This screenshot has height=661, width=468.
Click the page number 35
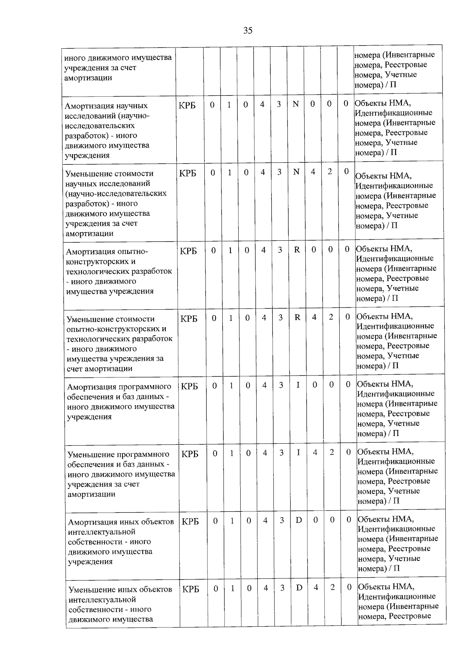tap(248, 30)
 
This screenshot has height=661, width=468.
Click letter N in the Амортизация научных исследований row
tap(296, 104)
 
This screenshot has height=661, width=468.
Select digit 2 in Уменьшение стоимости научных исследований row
tap(330, 171)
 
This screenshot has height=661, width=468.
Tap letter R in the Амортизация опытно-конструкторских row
tap(297, 250)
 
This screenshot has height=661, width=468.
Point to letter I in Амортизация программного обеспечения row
tap(298, 385)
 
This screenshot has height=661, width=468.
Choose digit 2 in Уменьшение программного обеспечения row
tap(331, 452)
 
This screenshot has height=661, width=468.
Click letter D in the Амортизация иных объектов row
tap(299, 520)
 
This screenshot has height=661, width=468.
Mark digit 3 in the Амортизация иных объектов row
tap(282, 520)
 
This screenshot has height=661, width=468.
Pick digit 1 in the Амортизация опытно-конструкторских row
tap(230, 250)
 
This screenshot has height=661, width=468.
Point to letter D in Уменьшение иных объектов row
tap(299, 587)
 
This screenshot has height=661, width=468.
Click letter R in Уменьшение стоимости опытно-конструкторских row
tap(297, 317)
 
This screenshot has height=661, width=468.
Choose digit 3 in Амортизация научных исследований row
tap(279, 104)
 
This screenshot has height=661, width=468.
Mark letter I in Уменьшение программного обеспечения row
tap(298, 452)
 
